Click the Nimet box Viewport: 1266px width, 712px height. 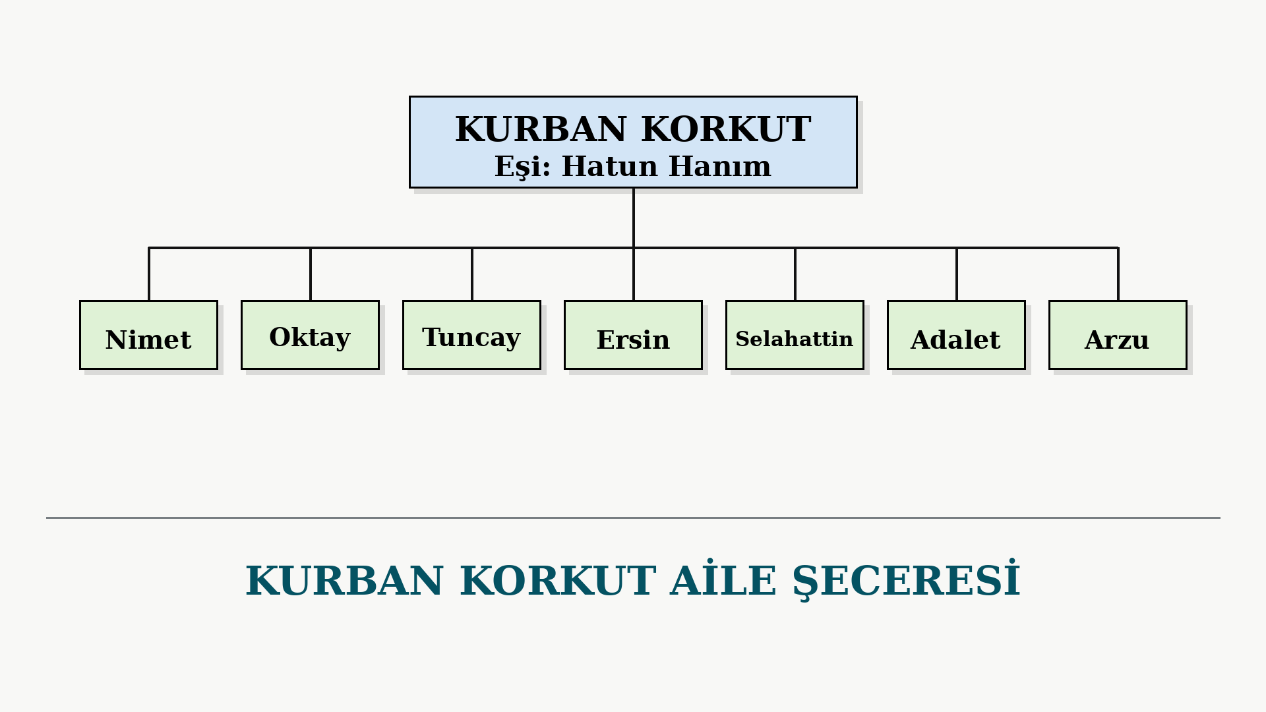(148, 335)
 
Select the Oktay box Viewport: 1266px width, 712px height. (310, 335)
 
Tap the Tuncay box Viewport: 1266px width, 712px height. (471, 335)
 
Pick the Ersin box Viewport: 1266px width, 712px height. (633, 335)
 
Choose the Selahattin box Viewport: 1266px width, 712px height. (795, 335)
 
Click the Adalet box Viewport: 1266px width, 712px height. (956, 335)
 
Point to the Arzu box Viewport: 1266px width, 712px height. (1118, 335)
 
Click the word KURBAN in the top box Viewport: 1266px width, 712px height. (541, 129)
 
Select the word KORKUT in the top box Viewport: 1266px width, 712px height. (726, 129)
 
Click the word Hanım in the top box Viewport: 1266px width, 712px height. (720, 166)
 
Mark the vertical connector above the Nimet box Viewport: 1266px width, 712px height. (149, 274)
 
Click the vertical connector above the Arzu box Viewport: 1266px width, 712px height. (1118, 274)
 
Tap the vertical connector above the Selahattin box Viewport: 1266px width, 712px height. (795, 274)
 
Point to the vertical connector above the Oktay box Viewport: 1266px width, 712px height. (311, 274)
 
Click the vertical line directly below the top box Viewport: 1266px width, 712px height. (634, 218)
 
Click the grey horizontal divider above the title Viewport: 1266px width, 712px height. (633, 518)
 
